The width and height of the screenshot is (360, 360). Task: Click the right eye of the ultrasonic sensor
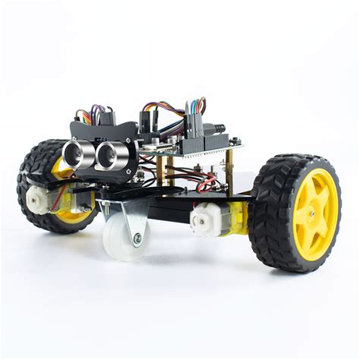[106, 155]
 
